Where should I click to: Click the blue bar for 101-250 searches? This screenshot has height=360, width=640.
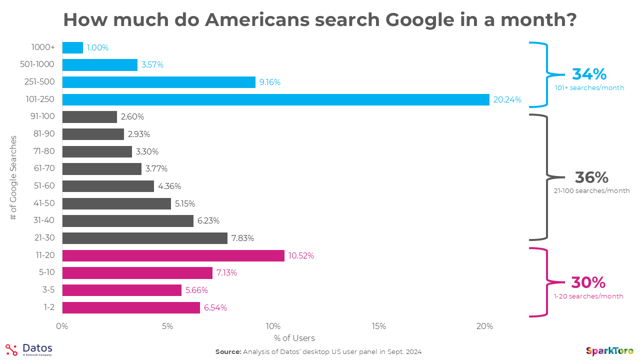275,99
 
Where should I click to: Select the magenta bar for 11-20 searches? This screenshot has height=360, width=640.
173,255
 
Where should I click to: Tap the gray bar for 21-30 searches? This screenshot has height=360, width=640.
144,238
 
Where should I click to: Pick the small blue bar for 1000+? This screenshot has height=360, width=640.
72,47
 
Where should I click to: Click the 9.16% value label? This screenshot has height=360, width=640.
270,82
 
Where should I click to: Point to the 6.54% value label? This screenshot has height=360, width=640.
215,307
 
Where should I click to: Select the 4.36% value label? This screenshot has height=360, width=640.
169,186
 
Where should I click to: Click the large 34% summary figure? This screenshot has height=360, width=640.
589,74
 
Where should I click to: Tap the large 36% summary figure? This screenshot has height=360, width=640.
591,177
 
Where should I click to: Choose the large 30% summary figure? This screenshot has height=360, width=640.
588,282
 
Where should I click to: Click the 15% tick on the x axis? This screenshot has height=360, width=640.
379,326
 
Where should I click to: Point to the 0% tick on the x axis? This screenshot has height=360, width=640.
62,326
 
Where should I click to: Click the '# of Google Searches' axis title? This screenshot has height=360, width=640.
13,177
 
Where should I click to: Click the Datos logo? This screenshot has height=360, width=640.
29,349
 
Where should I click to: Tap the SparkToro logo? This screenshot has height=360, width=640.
609,351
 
